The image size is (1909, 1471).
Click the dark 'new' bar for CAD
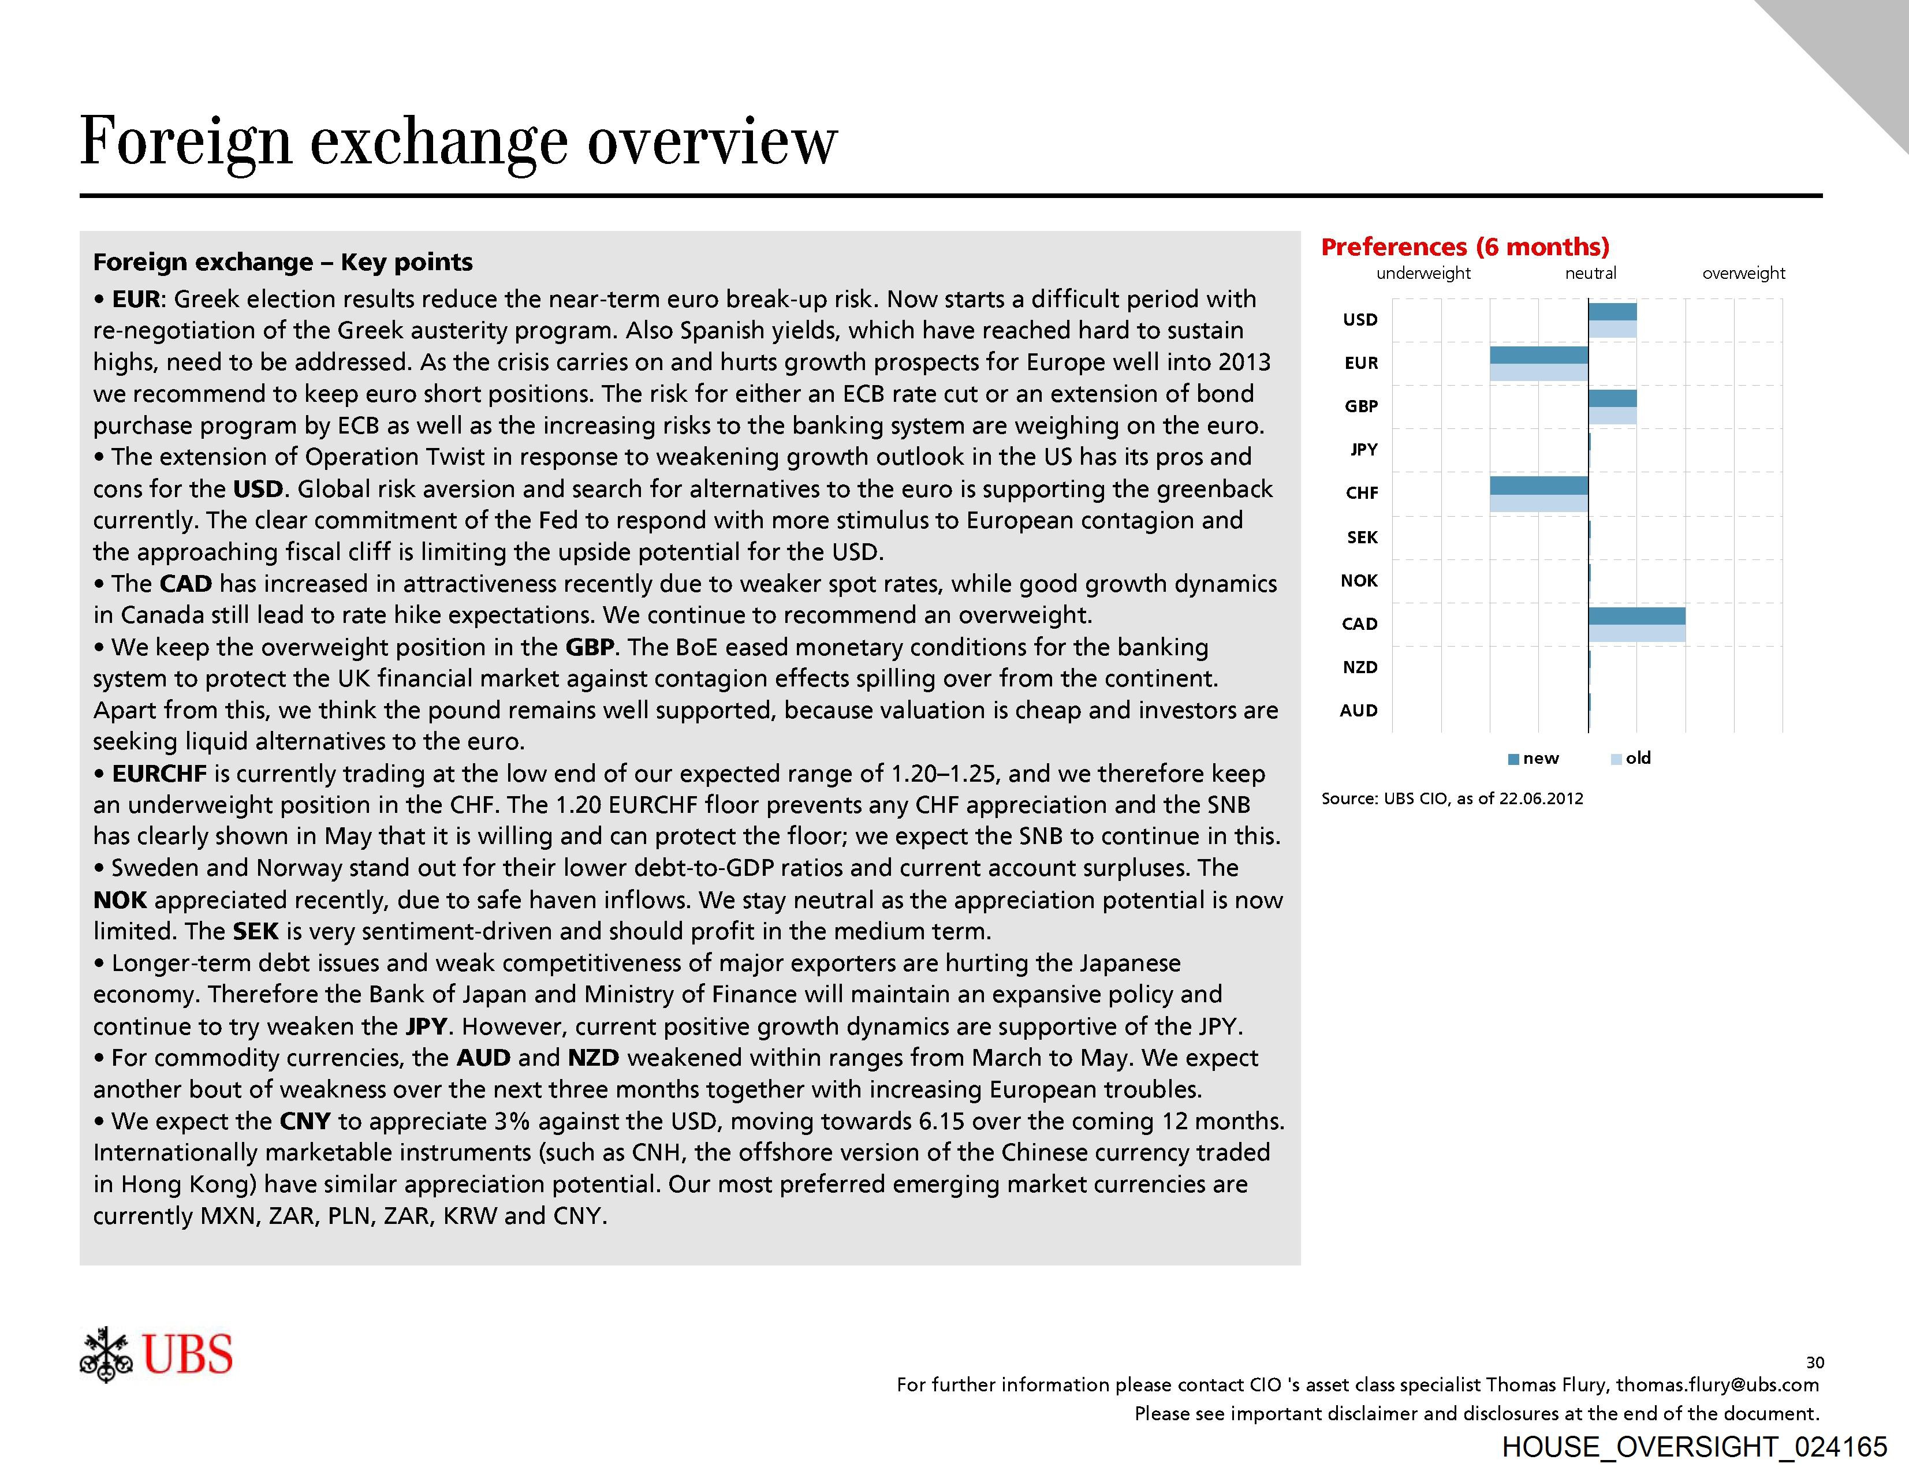pos(1636,616)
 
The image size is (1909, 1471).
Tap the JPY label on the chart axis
pos(1363,449)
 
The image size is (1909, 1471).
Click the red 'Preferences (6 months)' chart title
pos(1465,247)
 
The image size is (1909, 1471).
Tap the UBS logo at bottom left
pos(156,1354)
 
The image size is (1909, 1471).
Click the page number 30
pos(1815,1362)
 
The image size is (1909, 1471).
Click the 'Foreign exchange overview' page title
pos(458,141)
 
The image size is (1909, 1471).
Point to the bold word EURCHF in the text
pos(159,774)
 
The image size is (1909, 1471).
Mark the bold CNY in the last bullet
pos(305,1121)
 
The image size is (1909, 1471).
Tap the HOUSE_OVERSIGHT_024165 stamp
pos(1694,1447)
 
